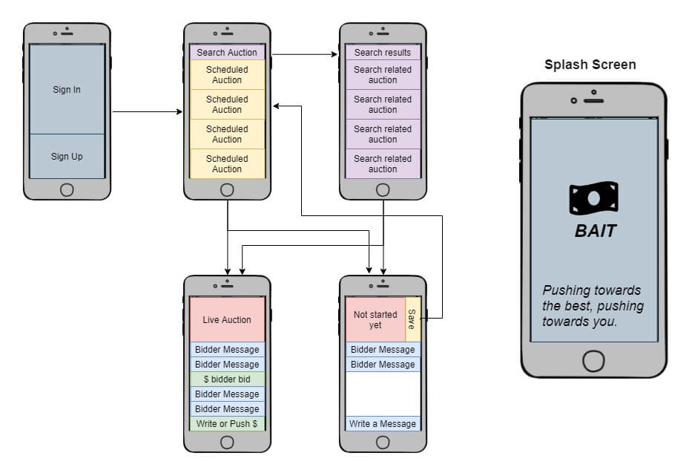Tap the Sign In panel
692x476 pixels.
click(67, 89)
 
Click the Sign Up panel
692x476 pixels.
click(67, 156)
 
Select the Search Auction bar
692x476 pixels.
click(227, 53)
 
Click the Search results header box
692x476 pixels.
click(383, 53)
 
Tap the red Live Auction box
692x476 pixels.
click(227, 319)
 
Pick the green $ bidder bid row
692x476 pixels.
click(227, 379)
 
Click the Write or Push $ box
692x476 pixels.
click(227, 424)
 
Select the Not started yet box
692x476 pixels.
click(375, 319)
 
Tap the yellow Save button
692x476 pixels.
click(412, 319)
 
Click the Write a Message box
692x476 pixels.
click(383, 424)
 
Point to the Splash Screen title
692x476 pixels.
click(590, 65)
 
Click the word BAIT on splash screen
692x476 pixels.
click(596, 231)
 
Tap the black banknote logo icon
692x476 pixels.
click(593, 198)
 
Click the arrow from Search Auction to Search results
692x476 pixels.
click(304, 54)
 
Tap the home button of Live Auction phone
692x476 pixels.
click(227, 442)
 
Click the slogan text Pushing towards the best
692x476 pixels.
click(593, 306)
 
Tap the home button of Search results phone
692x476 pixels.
click(383, 189)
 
